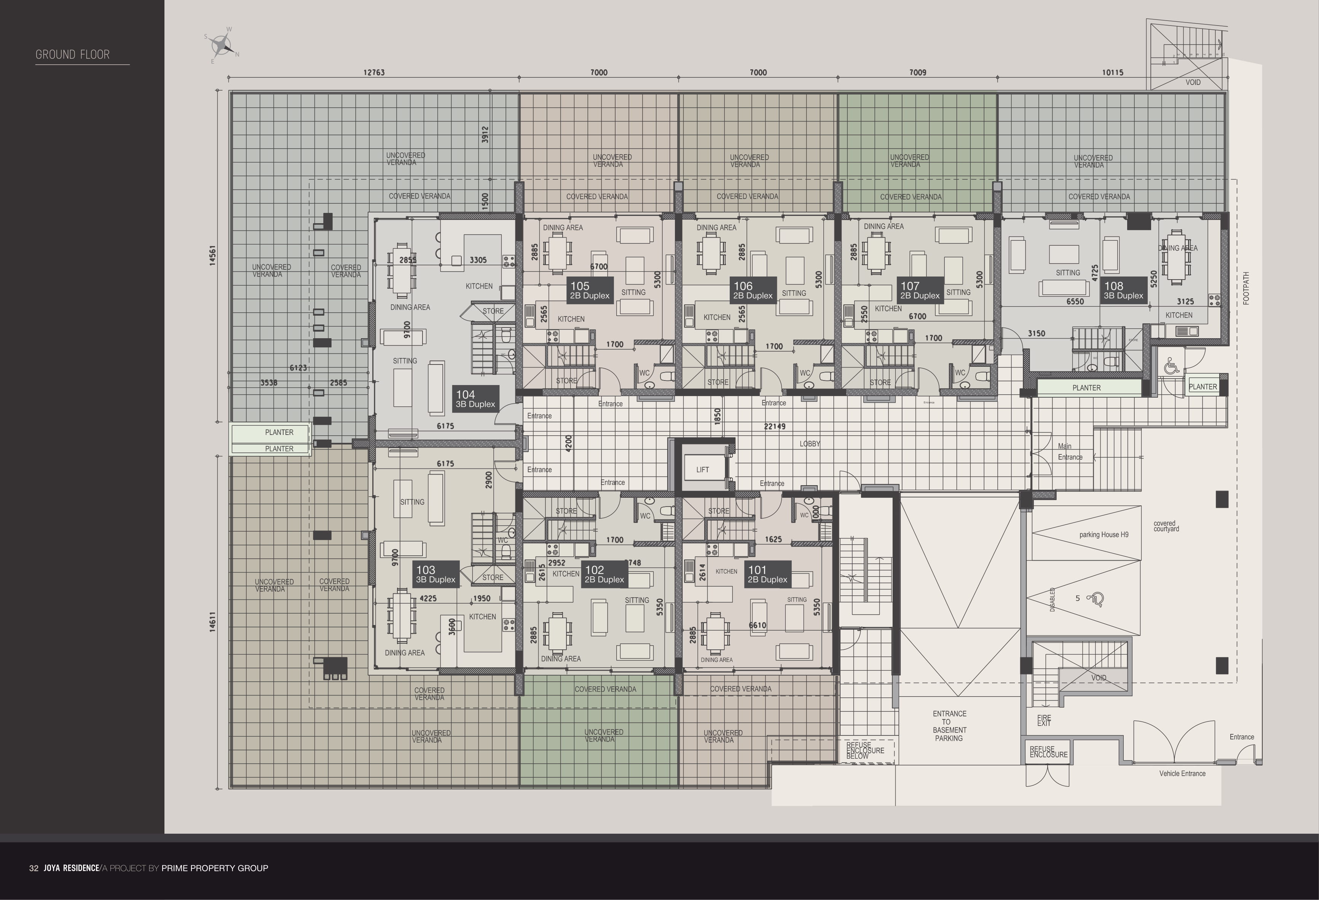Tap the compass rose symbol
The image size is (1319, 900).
(x=222, y=44)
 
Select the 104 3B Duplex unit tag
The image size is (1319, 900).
(x=475, y=399)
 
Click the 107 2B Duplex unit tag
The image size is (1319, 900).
(x=920, y=290)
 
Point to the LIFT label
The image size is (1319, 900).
(x=703, y=470)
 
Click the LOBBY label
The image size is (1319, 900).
(x=810, y=443)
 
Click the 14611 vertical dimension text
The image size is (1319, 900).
(x=212, y=622)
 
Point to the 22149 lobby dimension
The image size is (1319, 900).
(x=775, y=427)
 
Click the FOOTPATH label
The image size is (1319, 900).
(x=1246, y=288)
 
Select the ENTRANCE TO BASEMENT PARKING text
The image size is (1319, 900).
(x=949, y=726)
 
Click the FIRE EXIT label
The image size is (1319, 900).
(x=1044, y=721)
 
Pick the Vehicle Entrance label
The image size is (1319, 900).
(x=1182, y=774)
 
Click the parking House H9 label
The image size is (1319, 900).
(x=1103, y=534)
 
